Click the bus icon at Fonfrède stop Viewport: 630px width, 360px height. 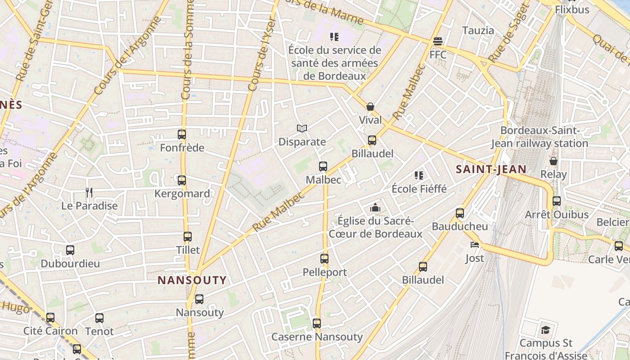point(182,134)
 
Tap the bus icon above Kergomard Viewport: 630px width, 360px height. point(182,180)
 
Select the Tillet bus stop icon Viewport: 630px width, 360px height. point(188,237)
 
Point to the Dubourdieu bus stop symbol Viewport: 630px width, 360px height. point(70,250)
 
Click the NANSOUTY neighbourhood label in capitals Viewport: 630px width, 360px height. point(192,280)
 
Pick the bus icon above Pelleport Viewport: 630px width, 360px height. point(324,259)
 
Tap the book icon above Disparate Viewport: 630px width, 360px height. point(302,129)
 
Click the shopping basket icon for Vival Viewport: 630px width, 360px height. point(370,107)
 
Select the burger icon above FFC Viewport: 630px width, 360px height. point(438,41)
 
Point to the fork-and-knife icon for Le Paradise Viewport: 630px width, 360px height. point(89,193)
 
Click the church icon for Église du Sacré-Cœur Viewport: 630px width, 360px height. point(375,207)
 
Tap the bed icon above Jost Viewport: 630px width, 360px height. point(475,245)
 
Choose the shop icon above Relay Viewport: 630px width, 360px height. point(553,161)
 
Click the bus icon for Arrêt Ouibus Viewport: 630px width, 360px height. point(557,201)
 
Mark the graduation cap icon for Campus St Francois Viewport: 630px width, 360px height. point(545,330)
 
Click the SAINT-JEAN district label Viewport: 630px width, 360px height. point(491,169)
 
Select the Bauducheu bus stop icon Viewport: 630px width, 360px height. point(460,213)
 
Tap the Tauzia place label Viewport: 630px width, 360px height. point(478,31)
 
